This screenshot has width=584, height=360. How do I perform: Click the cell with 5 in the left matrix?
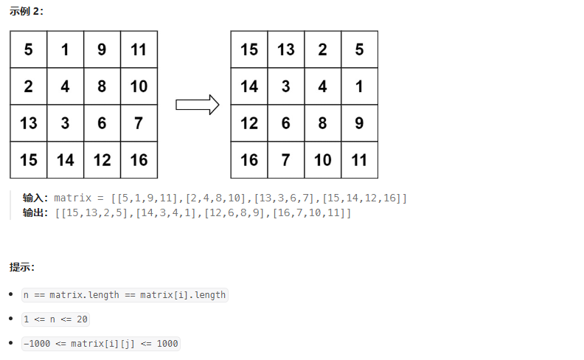29,49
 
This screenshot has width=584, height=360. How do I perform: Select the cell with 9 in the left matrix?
102,49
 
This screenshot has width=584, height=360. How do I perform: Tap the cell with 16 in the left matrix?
139,159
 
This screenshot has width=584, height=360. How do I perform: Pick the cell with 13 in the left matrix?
29,123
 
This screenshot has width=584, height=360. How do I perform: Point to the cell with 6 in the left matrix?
102,123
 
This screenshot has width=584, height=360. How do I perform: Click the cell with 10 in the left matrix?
139,86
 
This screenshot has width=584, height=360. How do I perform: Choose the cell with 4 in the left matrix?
65,86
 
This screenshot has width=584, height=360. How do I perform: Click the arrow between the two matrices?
198,105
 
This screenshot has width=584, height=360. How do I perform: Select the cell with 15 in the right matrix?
249,49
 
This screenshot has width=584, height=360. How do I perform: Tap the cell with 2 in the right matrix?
322,49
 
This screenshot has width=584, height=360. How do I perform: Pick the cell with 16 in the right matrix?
249,159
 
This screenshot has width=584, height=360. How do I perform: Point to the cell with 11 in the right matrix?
359,159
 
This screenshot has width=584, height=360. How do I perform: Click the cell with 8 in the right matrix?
322,123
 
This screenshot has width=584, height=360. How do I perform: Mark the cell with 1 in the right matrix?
359,86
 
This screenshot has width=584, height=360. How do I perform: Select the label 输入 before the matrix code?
35,198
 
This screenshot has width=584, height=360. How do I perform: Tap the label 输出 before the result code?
35,213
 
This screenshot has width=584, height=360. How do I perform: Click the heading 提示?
22,267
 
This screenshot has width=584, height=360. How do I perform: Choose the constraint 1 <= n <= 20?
56,319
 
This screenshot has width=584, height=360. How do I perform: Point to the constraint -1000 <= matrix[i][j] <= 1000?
101,344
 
